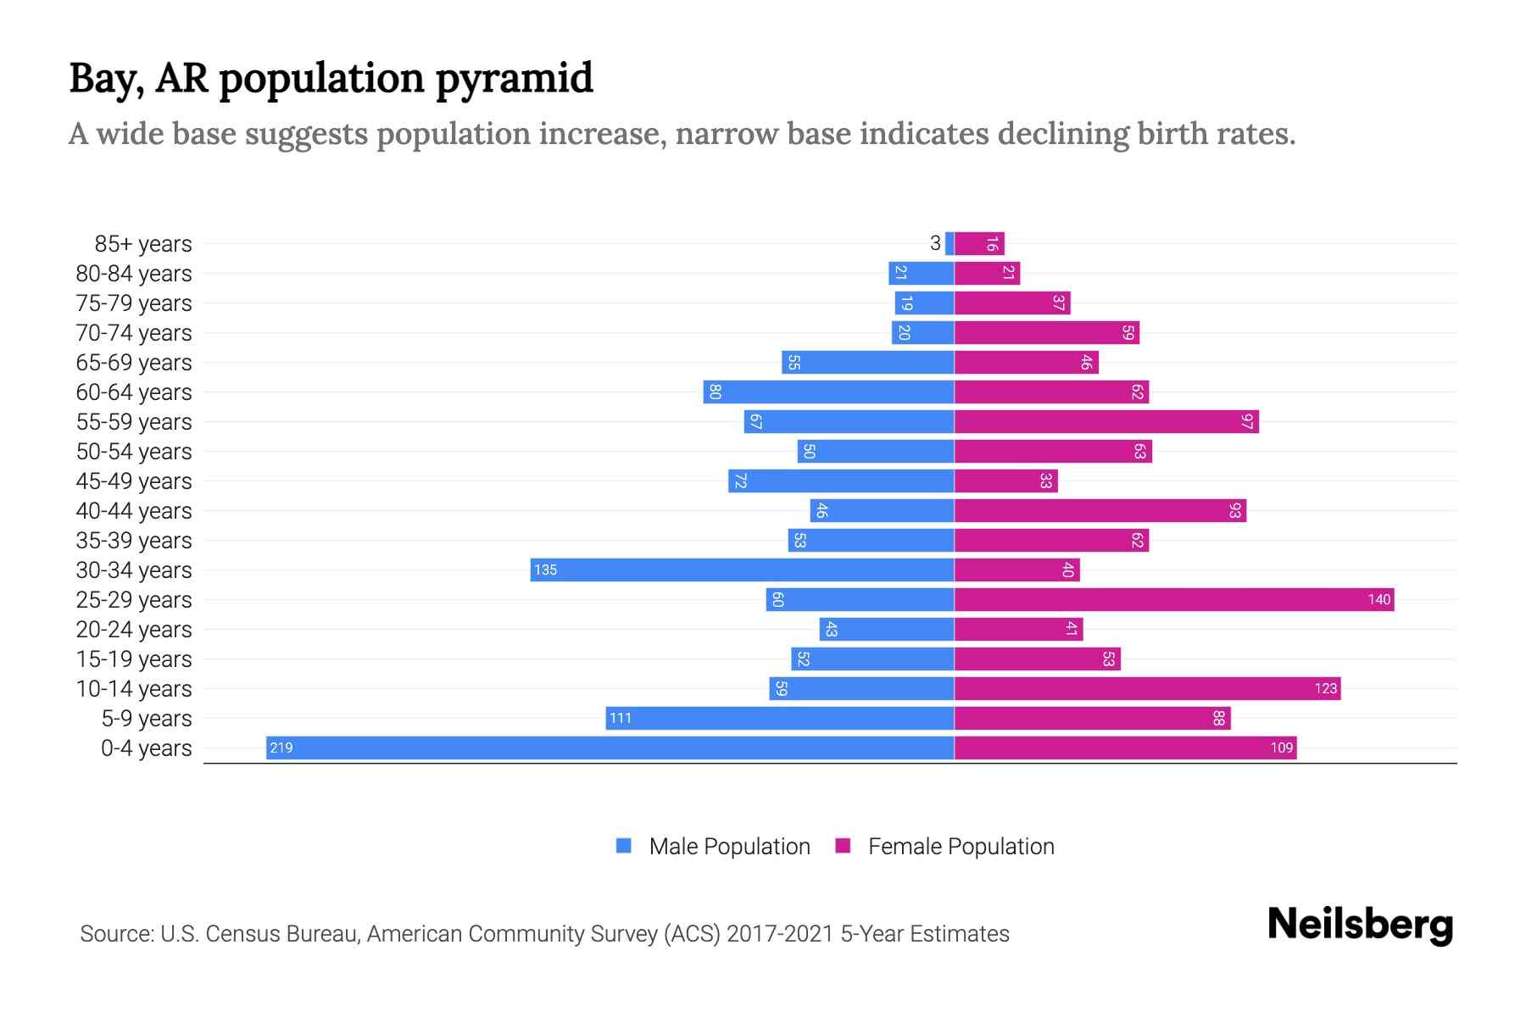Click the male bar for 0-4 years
point(610,747)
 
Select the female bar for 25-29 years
point(1174,599)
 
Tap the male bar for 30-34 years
point(742,570)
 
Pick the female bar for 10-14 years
point(1147,688)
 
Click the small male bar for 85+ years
point(950,243)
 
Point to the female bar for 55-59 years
point(1106,421)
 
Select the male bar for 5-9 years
point(780,718)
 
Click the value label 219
point(281,747)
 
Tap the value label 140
point(1378,599)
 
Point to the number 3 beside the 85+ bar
point(935,243)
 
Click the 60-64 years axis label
point(134,392)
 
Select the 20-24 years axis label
point(134,630)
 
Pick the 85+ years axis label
point(143,244)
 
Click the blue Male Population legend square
point(624,846)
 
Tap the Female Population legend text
point(961,847)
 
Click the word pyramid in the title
point(514,79)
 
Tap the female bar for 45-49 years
point(1006,481)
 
